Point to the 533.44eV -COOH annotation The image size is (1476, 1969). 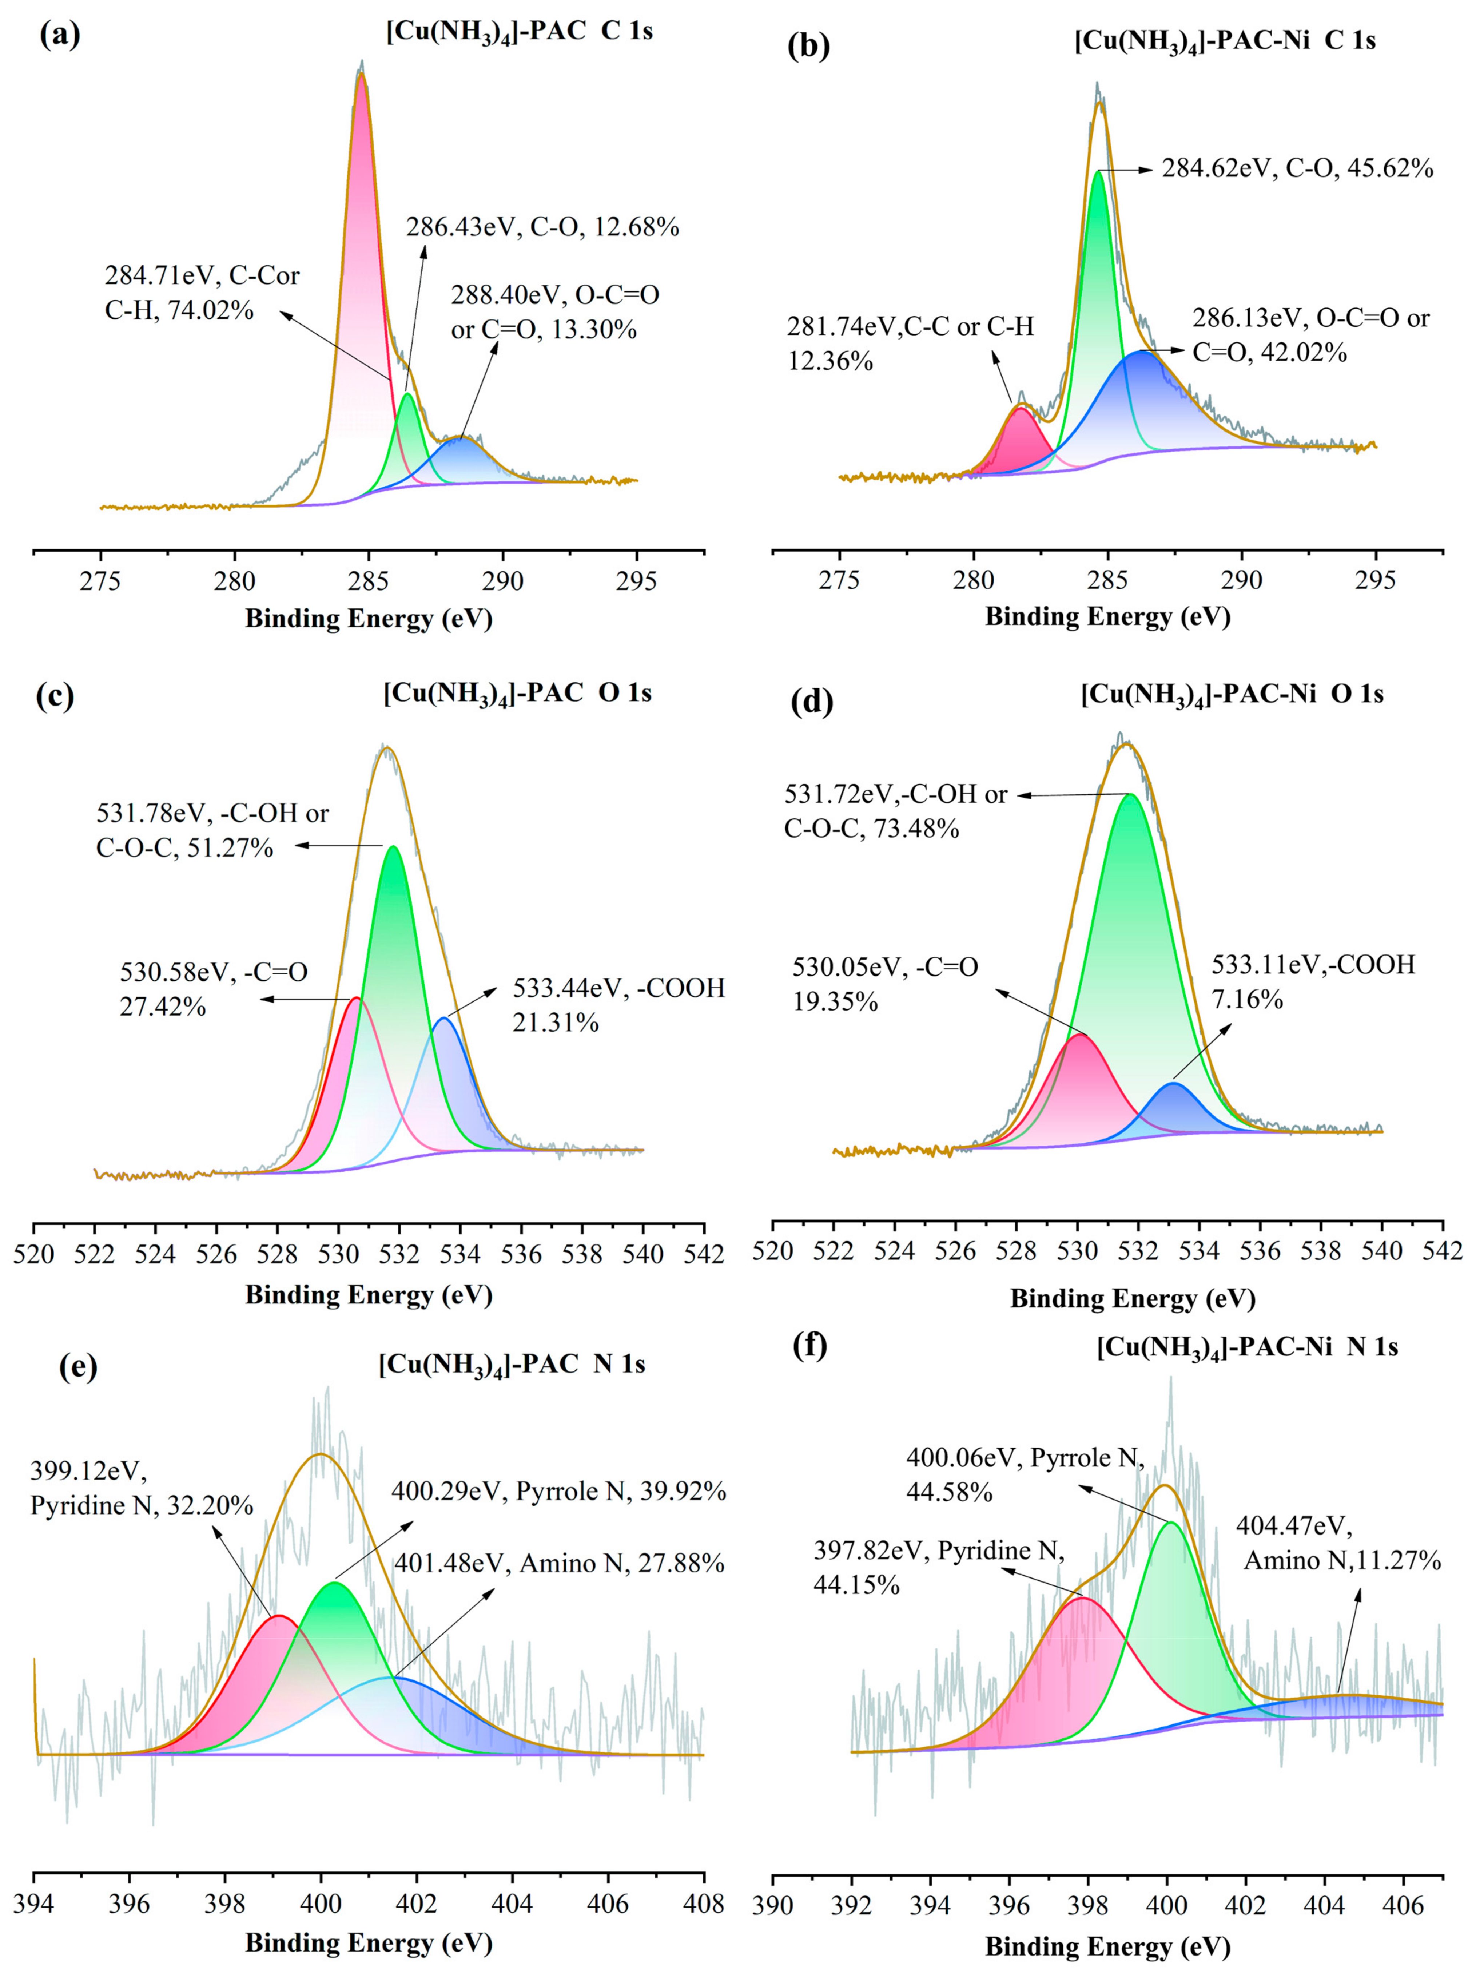(x=618, y=1005)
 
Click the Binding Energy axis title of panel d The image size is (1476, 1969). (x=1132, y=1298)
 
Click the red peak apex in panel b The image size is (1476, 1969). (x=1020, y=408)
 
